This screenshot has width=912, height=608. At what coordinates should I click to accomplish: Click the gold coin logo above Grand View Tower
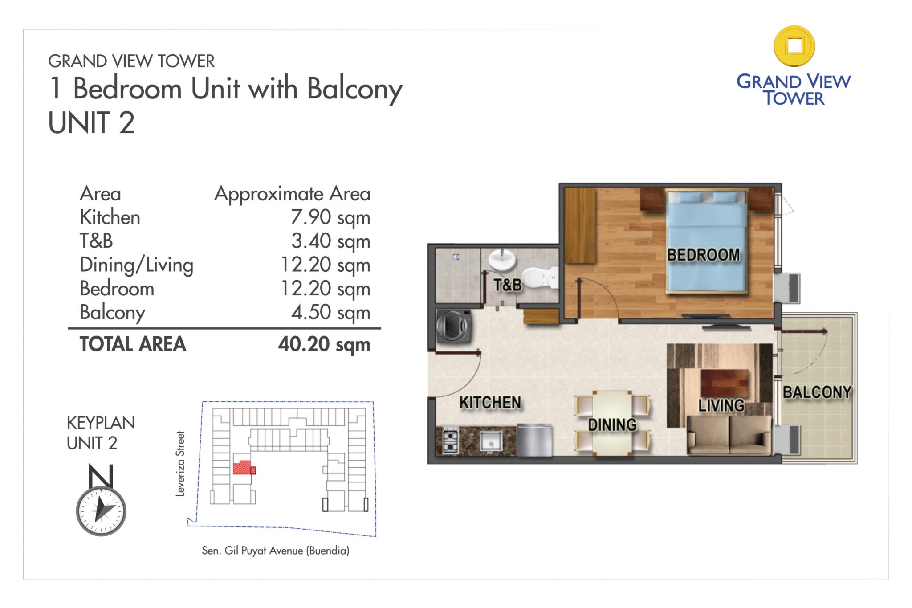(x=794, y=46)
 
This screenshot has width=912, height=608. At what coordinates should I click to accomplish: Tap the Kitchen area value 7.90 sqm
(x=330, y=217)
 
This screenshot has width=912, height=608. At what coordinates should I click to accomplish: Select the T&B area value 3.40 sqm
(x=330, y=241)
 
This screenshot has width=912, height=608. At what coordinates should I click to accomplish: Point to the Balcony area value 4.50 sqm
(x=330, y=312)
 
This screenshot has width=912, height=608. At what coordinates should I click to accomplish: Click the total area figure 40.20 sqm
(x=324, y=344)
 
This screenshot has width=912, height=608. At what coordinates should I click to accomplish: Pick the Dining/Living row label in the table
(x=136, y=265)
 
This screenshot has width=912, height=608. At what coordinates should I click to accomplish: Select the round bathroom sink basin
(x=502, y=259)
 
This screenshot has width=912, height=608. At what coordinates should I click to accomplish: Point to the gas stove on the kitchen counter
(x=450, y=441)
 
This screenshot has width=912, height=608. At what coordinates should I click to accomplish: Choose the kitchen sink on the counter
(x=491, y=441)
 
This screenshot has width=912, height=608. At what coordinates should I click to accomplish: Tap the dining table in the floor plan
(x=612, y=422)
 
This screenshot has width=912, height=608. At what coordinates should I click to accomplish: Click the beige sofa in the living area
(x=729, y=435)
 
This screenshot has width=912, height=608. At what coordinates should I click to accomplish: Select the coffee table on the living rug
(x=725, y=383)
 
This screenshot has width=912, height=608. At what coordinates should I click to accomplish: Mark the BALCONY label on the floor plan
(x=817, y=392)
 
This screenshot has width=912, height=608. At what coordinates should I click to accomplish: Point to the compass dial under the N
(x=101, y=510)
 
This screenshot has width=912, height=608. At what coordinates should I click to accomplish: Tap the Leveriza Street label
(x=180, y=463)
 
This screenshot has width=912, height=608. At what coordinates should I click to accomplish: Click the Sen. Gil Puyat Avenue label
(x=275, y=551)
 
